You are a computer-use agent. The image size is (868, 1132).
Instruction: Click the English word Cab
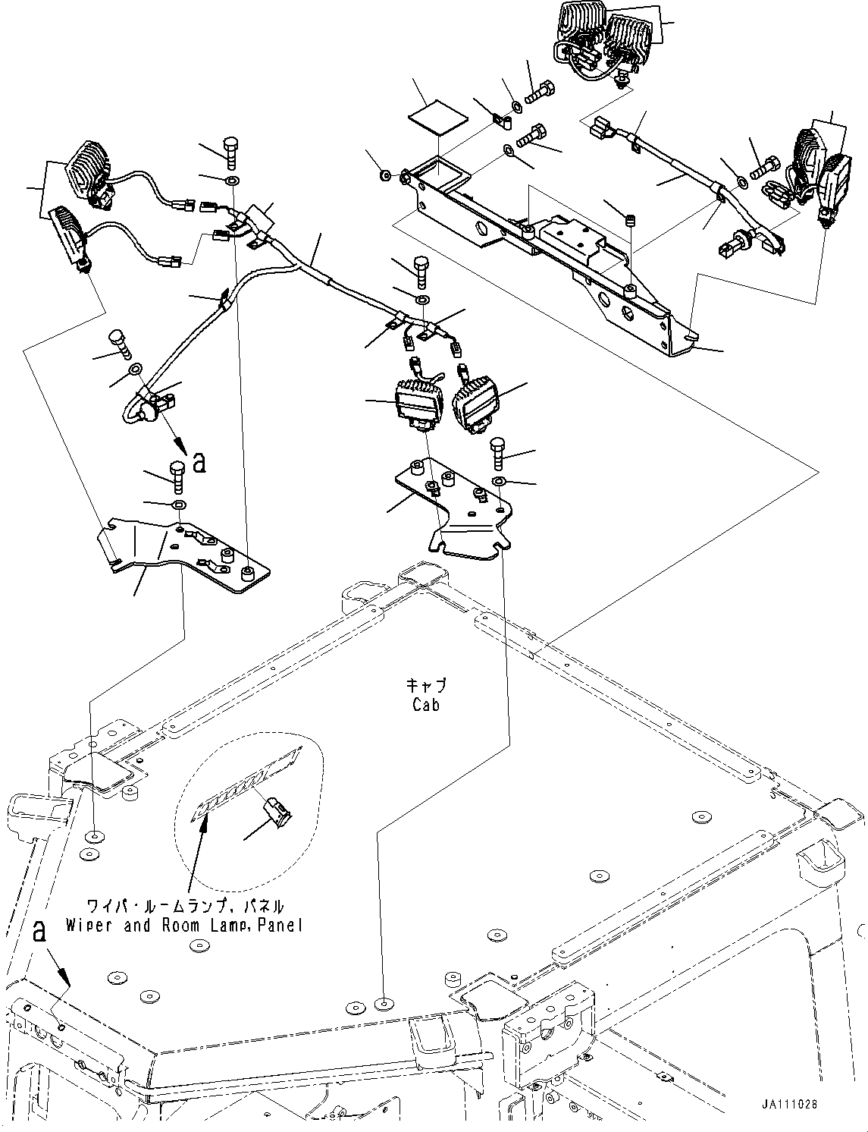(x=426, y=705)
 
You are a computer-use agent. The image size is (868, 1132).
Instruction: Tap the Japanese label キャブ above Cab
(x=426, y=686)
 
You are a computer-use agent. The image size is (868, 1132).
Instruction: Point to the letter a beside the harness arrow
(x=199, y=462)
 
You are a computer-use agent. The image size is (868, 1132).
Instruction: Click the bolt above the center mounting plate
(x=498, y=453)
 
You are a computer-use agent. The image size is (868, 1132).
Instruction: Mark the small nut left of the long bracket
(x=386, y=176)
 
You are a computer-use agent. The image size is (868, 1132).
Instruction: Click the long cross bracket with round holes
(x=546, y=258)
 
